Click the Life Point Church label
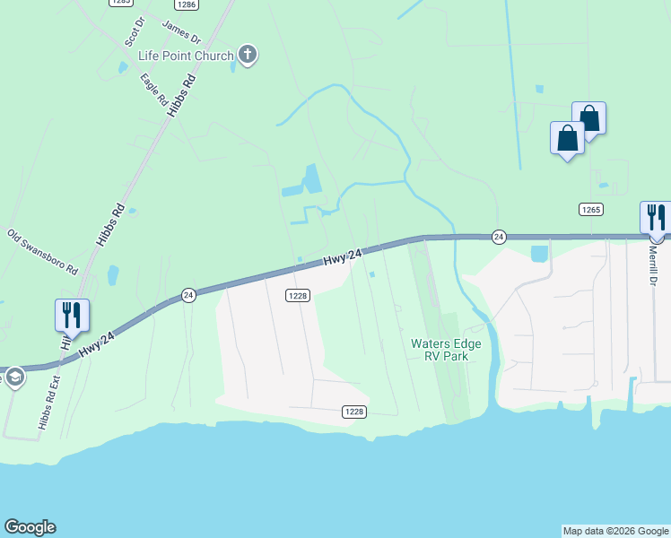pyautogui.click(x=185, y=56)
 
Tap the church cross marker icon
pyautogui.click(x=248, y=56)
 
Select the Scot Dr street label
pyautogui.click(x=134, y=33)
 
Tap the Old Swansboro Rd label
pyautogui.click(x=42, y=252)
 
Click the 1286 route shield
pyautogui.click(x=187, y=4)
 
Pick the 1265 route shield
pyautogui.click(x=590, y=209)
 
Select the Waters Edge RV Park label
pyautogui.click(x=446, y=350)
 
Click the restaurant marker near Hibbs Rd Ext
pyautogui.click(x=72, y=315)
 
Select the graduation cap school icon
pyautogui.click(x=13, y=377)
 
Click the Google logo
pyautogui.click(x=30, y=527)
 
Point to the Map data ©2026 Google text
pyautogui.click(x=614, y=531)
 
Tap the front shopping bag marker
pyautogui.click(x=567, y=138)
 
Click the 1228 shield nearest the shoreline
pyautogui.click(x=353, y=412)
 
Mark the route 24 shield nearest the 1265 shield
pyautogui.click(x=499, y=237)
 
